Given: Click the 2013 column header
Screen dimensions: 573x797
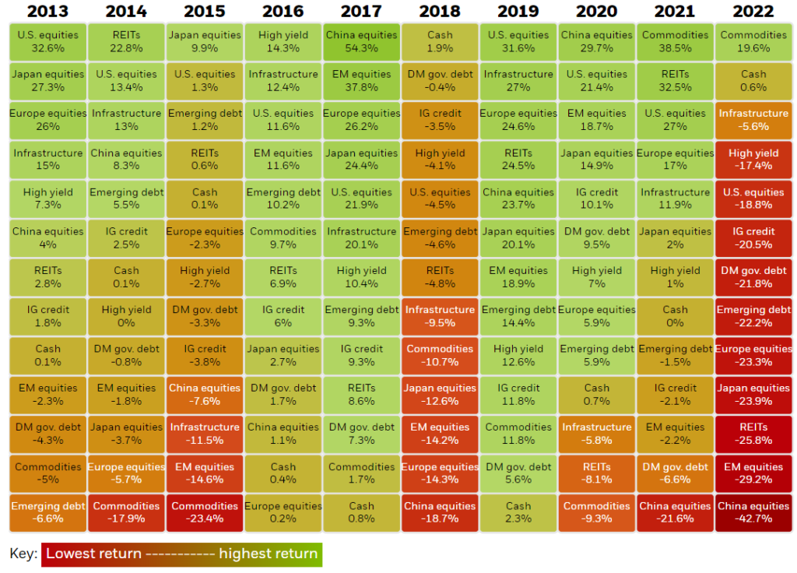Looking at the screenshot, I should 47,11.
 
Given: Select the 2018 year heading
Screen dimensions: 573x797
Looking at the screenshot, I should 440,11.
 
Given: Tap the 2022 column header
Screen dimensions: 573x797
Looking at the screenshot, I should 753,11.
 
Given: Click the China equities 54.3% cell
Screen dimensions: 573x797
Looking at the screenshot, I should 361,42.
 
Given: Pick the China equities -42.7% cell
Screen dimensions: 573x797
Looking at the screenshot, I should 753,512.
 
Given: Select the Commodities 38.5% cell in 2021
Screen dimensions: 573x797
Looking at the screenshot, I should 675,42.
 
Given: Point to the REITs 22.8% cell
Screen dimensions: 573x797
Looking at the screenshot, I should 126,42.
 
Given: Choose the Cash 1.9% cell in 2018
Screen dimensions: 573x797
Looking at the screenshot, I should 440,42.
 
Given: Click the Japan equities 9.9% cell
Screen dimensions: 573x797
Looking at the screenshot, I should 205,42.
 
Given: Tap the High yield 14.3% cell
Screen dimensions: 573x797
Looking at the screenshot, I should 283,42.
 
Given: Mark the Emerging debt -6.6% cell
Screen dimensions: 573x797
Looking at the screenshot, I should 47,512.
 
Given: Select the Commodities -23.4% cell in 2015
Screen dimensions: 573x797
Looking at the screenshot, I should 205,512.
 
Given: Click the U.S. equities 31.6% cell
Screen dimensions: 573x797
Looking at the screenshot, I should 518,42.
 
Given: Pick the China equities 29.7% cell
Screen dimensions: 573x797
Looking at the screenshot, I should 597,42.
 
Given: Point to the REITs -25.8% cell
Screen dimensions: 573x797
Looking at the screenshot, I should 753,434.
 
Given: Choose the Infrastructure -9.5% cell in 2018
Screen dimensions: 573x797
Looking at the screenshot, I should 440,316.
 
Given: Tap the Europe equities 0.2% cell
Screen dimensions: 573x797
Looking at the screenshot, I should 283,512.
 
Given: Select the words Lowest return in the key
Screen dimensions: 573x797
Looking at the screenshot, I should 93,554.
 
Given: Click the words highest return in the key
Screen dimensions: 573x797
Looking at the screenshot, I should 268,554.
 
